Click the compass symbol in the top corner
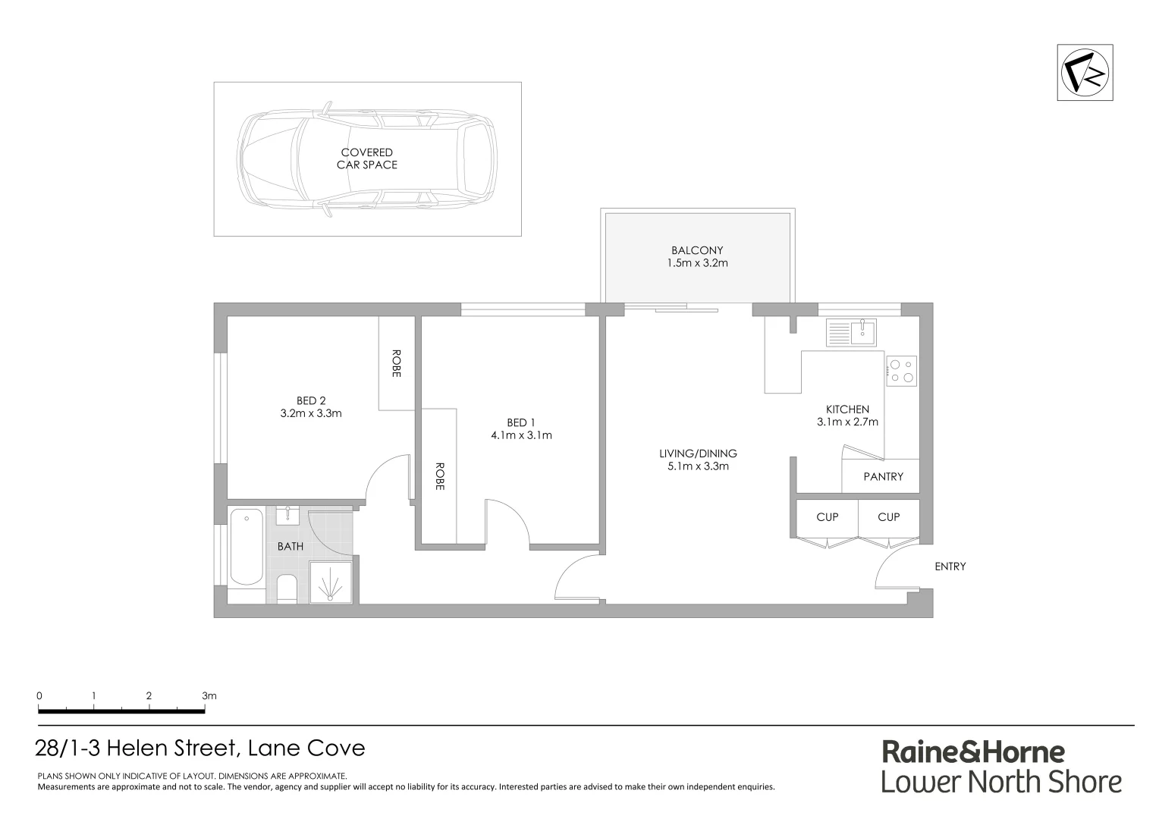(x=1085, y=73)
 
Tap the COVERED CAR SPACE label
(x=367, y=158)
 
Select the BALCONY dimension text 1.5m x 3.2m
(x=697, y=263)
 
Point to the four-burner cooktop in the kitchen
(x=902, y=370)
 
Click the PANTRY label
(x=883, y=476)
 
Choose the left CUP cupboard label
(x=827, y=517)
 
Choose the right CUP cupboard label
(x=888, y=517)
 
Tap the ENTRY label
(x=950, y=566)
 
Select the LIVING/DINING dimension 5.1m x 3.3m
(x=698, y=466)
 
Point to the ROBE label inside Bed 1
(x=439, y=476)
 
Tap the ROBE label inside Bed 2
(x=396, y=363)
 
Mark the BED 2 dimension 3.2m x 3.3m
(x=311, y=413)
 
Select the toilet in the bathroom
(x=287, y=589)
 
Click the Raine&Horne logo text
(x=972, y=752)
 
